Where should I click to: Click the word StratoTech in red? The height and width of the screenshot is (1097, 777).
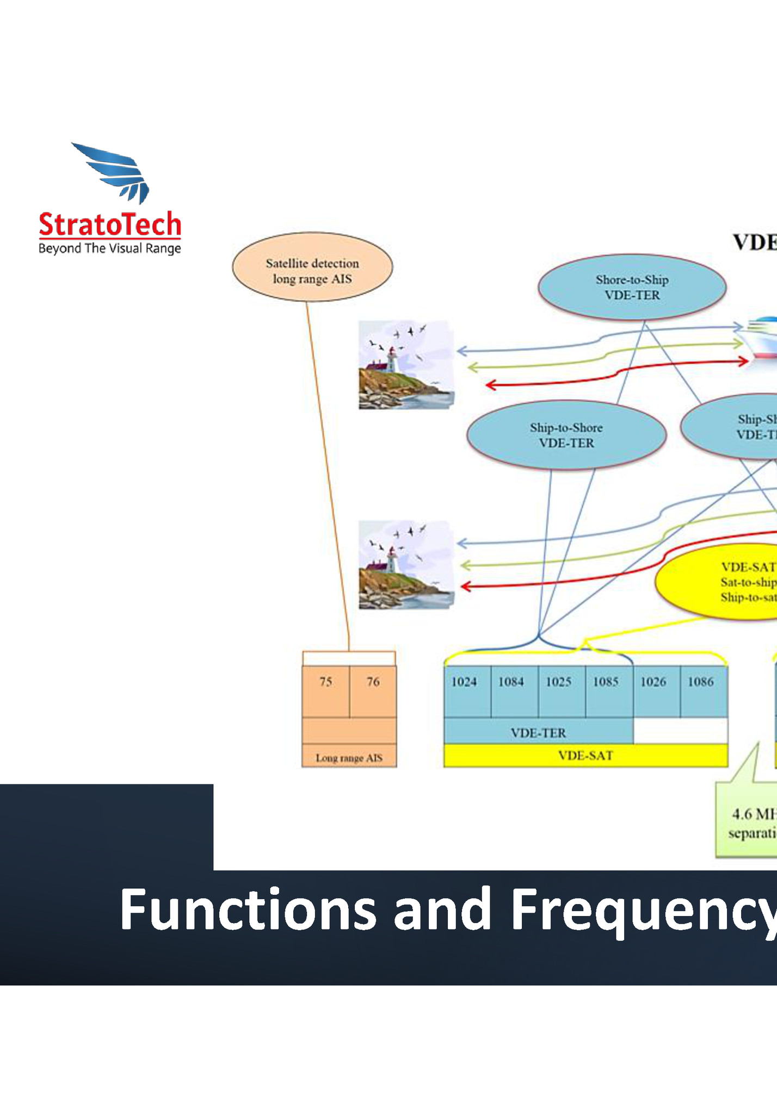point(110,225)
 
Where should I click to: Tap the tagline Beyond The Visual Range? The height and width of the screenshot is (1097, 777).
point(110,249)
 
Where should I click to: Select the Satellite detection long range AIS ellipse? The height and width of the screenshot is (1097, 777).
point(312,267)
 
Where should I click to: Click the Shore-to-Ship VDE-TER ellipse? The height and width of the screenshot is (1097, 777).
point(632,287)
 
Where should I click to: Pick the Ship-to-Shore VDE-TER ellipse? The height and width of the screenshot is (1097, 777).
point(566,435)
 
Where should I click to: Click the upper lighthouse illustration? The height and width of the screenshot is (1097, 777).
point(405,365)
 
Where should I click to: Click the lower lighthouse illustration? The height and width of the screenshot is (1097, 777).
point(405,564)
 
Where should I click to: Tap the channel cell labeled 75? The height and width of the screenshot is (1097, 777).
point(326,690)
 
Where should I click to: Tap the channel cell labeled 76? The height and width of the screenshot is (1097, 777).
point(373,690)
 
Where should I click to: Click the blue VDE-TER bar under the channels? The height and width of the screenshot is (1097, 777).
point(538,732)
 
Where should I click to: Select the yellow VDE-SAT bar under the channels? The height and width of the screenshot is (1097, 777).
point(585,756)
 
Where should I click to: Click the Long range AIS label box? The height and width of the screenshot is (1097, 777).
point(349,757)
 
